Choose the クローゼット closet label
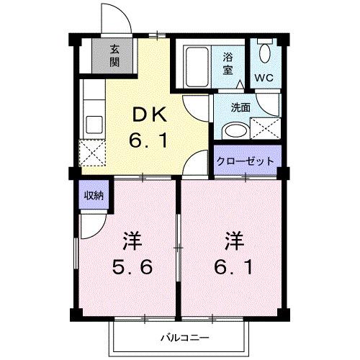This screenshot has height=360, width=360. (x=246, y=161)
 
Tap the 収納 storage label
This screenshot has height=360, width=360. (x=90, y=195)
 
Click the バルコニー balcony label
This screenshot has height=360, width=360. (x=184, y=336)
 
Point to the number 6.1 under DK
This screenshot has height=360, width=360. (x=149, y=142)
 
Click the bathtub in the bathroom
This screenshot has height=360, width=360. (x=195, y=68)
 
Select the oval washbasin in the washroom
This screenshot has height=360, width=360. (x=233, y=130)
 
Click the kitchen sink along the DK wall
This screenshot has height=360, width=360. (x=91, y=123)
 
